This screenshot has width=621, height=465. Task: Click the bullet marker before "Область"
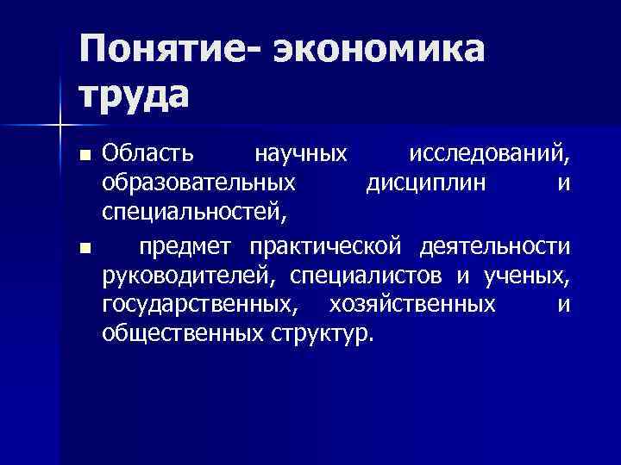point(83,157)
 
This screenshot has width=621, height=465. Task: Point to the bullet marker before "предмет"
point(83,249)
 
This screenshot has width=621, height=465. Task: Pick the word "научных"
point(300,155)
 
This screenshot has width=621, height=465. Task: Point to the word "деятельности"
point(495,248)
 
